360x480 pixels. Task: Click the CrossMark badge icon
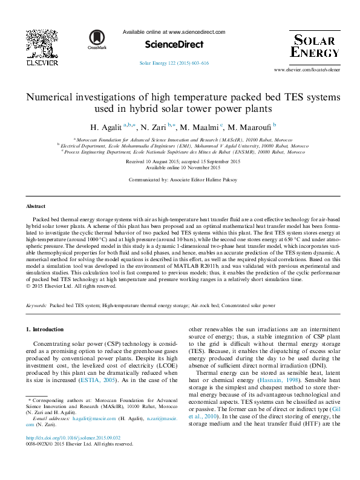(x=97, y=39)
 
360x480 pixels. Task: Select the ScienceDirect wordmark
(x=174, y=45)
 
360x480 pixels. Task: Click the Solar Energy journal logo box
(x=315, y=45)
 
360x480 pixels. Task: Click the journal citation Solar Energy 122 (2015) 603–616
(x=174, y=63)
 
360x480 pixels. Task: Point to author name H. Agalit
(x=106, y=128)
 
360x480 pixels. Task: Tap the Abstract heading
(x=36, y=206)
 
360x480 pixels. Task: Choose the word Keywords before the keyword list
(x=37, y=306)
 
